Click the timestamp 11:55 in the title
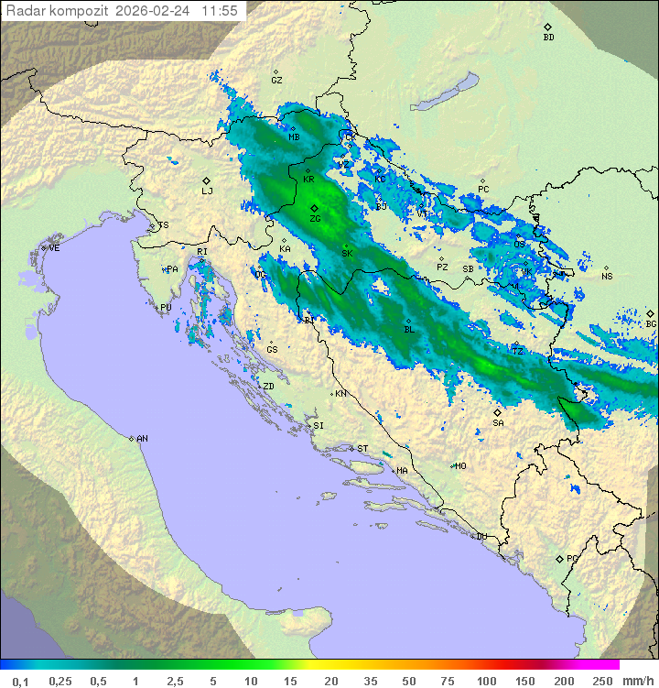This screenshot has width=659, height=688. click(220, 11)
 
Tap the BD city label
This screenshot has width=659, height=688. click(548, 38)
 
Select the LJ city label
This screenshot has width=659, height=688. click(207, 191)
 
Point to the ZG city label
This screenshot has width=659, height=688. click(315, 219)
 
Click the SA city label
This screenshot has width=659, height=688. click(498, 423)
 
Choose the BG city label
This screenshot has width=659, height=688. click(651, 323)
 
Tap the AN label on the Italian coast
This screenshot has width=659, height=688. click(142, 439)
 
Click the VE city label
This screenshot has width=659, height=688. click(54, 248)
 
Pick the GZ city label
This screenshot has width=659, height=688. click(276, 81)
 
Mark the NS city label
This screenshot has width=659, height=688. click(607, 277)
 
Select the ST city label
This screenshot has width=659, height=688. click(362, 449)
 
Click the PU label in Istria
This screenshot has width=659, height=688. click(166, 308)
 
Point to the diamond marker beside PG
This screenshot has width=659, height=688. click(559, 559)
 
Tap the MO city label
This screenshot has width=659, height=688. click(460, 466)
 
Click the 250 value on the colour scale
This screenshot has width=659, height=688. click(601, 681)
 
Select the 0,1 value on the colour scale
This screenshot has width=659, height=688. click(20, 681)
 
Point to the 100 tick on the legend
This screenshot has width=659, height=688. click(486, 681)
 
